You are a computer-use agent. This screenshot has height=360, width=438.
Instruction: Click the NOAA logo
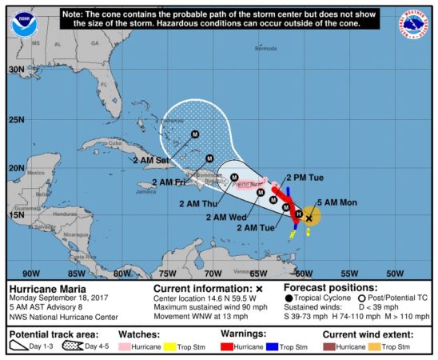pyautogui.click(x=23, y=23)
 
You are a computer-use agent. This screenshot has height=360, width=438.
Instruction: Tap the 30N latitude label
pyautogui.click(x=17, y=70)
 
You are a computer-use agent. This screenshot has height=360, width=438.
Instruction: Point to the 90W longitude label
pyautogui.click(x=33, y=273)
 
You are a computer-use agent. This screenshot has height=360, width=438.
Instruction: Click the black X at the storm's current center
pyautogui.click(x=309, y=217)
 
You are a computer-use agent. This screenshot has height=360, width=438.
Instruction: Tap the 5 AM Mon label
pyautogui.click(x=336, y=202)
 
